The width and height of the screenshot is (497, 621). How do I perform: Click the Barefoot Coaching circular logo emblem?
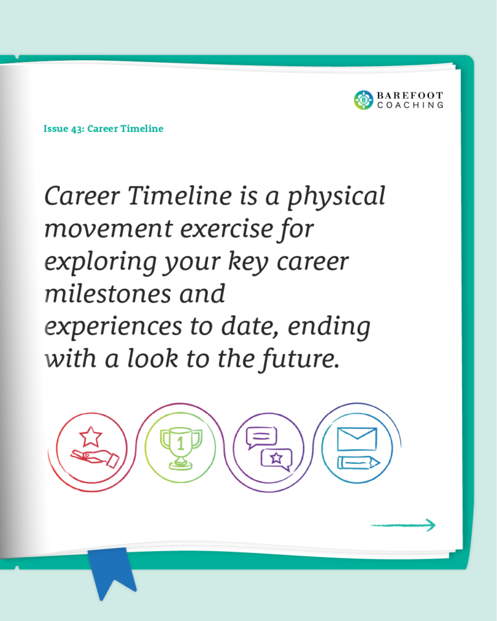364,100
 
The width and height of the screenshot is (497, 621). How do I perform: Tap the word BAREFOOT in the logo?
410,96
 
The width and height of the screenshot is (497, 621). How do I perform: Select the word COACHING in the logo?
410,105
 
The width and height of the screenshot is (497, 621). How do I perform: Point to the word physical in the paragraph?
336,197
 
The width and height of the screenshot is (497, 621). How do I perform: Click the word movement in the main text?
109,228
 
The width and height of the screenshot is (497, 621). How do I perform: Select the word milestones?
108,294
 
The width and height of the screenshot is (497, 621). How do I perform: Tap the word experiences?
113,327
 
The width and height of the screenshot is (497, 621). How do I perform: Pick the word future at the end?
300,359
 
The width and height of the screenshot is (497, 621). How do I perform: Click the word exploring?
101,263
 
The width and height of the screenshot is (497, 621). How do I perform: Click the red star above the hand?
91,436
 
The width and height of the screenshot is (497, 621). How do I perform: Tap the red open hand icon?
95,458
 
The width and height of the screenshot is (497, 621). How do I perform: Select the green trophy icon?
181,448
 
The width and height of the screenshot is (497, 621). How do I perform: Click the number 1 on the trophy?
181,444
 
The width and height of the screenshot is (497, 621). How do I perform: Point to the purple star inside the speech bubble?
276,458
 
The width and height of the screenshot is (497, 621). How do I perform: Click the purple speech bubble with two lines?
261,437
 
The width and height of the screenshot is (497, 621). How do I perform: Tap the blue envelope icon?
357,439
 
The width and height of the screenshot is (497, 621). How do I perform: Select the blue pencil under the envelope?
359,463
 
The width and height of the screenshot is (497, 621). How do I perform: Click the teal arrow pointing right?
403,525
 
